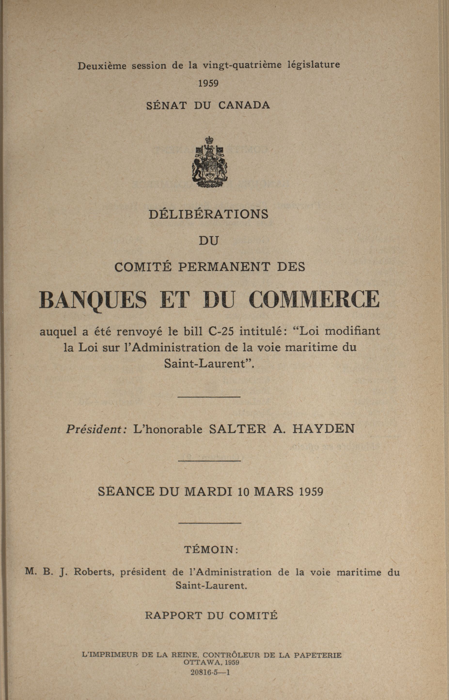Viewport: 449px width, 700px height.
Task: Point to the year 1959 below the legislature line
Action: pyautogui.click(x=208, y=83)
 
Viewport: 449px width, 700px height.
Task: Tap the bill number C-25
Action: pyautogui.click(x=221, y=331)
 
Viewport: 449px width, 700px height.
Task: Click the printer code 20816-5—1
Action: pyautogui.click(x=210, y=663)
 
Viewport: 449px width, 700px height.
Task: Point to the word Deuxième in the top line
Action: pyautogui.click(x=102, y=66)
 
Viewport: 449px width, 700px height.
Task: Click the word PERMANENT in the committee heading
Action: pyautogui.click(x=224, y=267)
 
